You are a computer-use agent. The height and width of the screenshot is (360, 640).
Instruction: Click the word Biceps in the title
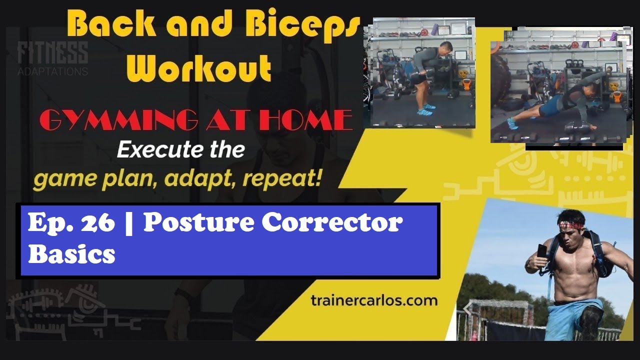tap(305, 27)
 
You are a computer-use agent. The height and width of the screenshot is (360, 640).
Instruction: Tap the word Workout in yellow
tap(199, 68)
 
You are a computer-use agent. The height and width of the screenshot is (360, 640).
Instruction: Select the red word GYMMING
tap(118, 120)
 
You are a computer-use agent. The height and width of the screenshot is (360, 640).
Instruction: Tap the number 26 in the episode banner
tap(97, 223)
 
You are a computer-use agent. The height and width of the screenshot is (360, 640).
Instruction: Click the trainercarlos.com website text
tap(374, 301)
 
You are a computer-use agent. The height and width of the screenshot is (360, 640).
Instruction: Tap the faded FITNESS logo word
tap(52, 53)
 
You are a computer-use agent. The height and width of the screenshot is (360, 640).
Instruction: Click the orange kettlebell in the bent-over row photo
tap(466, 84)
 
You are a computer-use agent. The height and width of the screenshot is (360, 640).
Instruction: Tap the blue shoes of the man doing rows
tap(425, 109)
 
